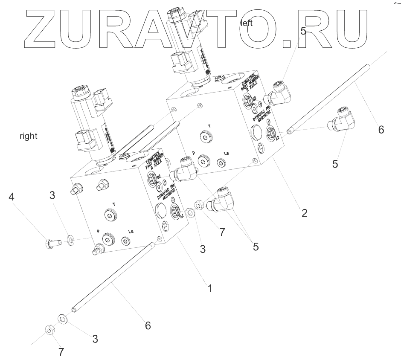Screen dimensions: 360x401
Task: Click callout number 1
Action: coord(210,288)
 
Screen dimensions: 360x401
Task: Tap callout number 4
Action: coord(12,197)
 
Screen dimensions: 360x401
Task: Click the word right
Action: coord(28,136)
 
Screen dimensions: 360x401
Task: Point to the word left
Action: coord(247,23)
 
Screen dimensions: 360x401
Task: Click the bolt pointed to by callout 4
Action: coord(52,243)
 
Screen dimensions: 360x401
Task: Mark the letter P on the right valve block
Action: coord(98,231)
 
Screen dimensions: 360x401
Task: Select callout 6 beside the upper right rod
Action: coord(381,129)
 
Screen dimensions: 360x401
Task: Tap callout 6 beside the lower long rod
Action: coord(148,325)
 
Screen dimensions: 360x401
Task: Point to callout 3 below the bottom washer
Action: coord(95,339)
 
